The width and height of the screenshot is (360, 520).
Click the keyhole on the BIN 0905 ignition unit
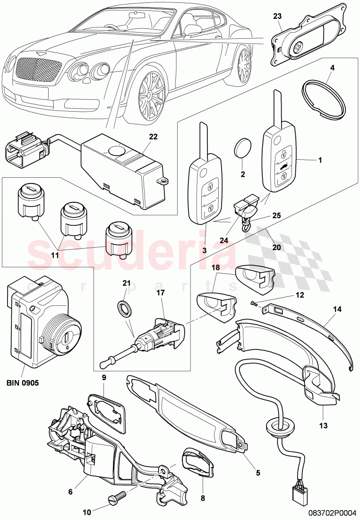click(67, 338)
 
